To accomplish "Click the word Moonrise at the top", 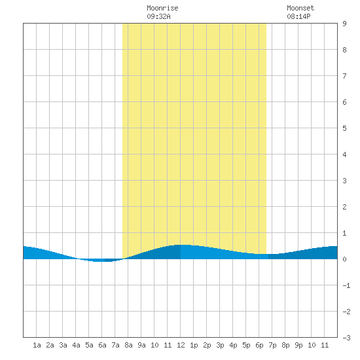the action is tap(162, 8).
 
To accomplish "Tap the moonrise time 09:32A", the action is tap(158, 16).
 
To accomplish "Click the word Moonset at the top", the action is tap(300, 8).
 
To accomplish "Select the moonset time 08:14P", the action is tap(298, 16).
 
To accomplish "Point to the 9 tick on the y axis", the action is tap(344, 24).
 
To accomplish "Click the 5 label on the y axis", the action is tap(344, 128).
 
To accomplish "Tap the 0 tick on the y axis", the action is tap(344, 259).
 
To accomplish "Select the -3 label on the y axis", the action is tap(346, 338).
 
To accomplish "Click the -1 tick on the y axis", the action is tap(346, 285).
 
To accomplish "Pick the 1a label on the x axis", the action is tap(37, 345).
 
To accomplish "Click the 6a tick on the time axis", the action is tap(102, 345).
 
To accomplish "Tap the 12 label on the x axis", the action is tap(181, 345).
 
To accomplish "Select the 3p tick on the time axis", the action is tap(220, 345).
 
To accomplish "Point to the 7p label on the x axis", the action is tap(272, 345).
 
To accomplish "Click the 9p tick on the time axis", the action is tap(298, 345).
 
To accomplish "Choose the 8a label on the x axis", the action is tap(128, 345).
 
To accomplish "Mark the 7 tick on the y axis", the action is tap(344, 76).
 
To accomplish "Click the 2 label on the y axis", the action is tap(344, 207).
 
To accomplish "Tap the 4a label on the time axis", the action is tap(76, 345).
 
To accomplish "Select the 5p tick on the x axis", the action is tap(246, 345).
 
